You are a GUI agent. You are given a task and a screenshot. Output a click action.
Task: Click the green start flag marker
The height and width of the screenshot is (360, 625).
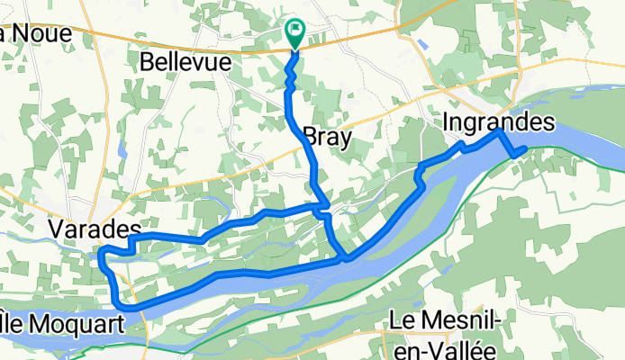pyautogui.click(x=294, y=32)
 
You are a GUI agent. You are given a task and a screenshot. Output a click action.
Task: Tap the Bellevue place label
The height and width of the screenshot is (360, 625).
pyautogui.click(x=186, y=62)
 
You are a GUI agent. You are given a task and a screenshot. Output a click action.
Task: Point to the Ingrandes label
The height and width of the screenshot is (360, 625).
pyautogui.click(x=499, y=120)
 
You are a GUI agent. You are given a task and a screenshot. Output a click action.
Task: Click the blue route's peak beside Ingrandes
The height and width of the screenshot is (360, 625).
pyautogui.click(x=500, y=131)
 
